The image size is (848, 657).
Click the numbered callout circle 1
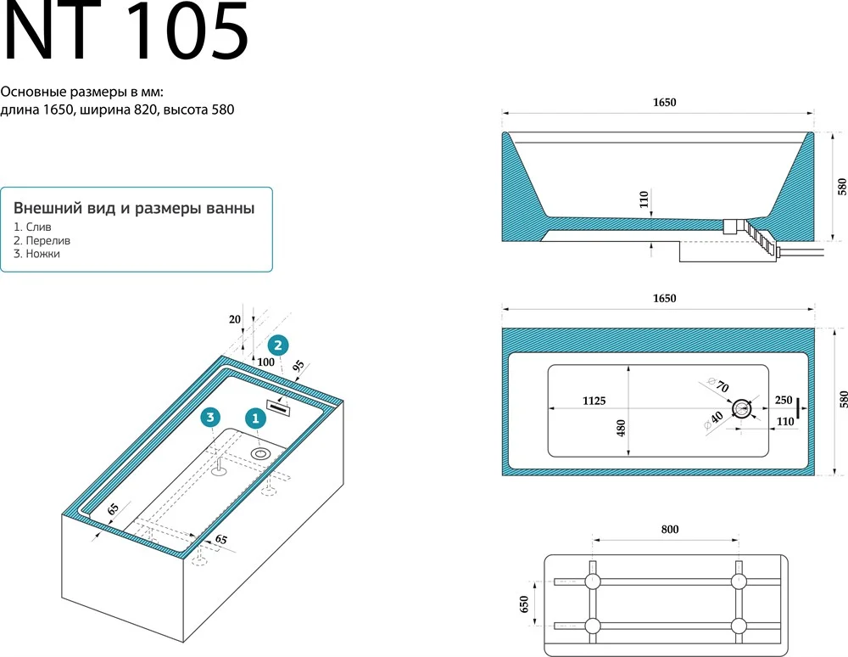[x=255, y=418]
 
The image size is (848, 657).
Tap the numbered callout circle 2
[x=278, y=345]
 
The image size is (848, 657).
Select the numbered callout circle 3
[x=210, y=418]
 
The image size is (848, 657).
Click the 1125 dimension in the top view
[x=594, y=401]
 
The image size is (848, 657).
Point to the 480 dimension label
[x=621, y=428]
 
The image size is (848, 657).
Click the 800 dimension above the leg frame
[x=670, y=530]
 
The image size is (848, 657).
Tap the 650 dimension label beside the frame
[x=523, y=604]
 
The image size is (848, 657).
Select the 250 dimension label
[x=784, y=400]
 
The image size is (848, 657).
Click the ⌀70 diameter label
[x=718, y=385]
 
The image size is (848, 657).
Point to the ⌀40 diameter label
[x=713, y=420]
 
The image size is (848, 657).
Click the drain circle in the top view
[x=741, y=409]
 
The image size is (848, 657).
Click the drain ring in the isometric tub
[x=260, y=453]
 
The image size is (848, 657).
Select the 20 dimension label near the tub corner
[x=235, y=319]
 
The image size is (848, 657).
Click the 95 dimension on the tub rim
[x=298, y=366]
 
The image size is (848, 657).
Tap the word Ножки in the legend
[x=42, y=254]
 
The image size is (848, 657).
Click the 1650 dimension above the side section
[x=664, y=102]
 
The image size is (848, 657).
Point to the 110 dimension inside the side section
[x=644, y=199]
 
